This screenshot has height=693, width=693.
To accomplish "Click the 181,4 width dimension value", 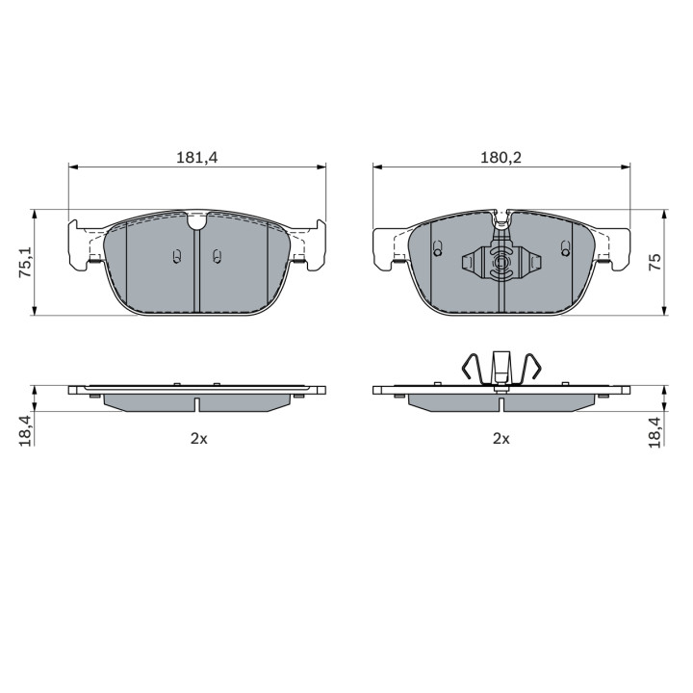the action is tap(197, 157).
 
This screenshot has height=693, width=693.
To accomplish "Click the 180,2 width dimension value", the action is tap(500, 157).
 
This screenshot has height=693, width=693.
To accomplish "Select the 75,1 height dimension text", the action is tap(25, 262).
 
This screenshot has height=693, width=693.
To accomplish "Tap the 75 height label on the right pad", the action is tap(655, 262).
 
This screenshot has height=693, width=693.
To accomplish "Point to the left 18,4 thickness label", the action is tap(25, 431).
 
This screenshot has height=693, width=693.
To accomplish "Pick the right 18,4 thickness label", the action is tap(655, 432).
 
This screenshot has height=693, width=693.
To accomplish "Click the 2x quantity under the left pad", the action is tap(198, 439).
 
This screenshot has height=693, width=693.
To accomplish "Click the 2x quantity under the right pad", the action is tap(501, 439).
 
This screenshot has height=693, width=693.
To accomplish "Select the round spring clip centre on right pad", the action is tap(500, 263).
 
